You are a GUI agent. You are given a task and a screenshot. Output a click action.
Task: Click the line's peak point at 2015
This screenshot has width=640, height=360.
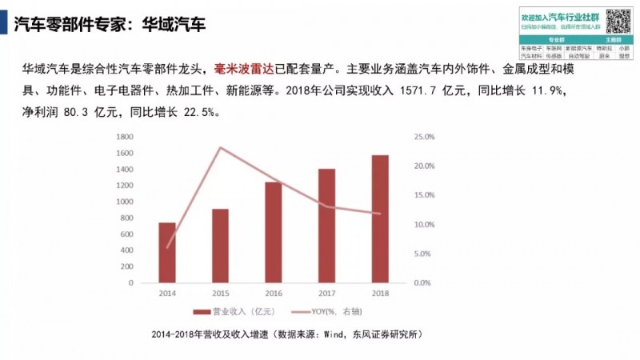[220, 147]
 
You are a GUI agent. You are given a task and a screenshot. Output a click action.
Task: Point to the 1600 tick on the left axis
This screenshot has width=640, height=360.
[123, 138]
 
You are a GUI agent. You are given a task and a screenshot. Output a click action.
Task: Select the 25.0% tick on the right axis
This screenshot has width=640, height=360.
[423, 138]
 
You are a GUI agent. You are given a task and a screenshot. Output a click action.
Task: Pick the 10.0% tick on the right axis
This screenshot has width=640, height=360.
[423, 225]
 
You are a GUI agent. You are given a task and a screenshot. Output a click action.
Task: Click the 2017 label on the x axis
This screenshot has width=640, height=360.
[327, 294]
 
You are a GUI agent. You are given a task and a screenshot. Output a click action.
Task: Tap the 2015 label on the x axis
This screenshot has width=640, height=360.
[220, 294]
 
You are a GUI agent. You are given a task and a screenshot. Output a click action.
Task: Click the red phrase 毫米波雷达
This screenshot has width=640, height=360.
[245, 70]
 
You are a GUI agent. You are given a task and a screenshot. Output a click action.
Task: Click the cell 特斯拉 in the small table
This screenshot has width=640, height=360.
[606, 48]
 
